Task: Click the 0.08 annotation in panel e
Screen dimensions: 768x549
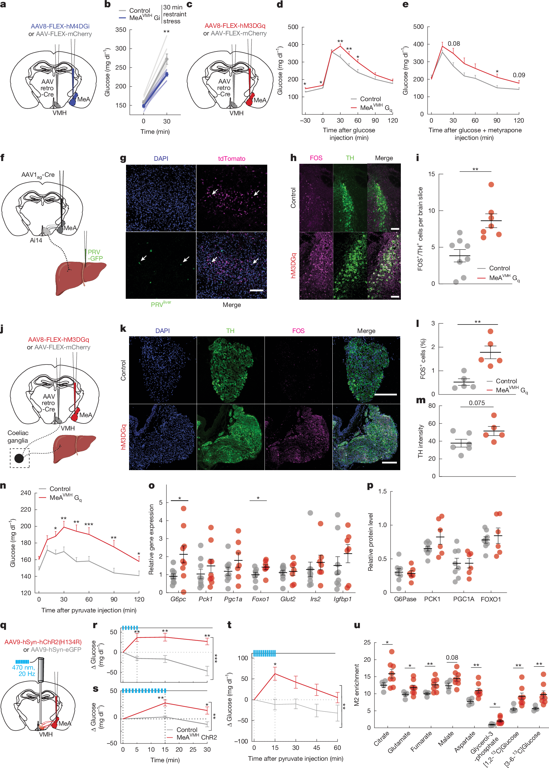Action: point(453,44)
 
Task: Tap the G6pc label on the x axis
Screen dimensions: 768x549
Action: point(178,599)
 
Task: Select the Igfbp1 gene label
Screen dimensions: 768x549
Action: point(342,599)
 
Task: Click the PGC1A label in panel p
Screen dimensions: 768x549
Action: point(464,599)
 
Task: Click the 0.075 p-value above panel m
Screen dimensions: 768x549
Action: point(477,403)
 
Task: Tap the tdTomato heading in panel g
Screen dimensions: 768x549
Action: point(231,158)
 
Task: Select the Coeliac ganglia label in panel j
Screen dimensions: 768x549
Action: point(18,436)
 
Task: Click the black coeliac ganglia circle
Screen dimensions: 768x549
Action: point(19,458)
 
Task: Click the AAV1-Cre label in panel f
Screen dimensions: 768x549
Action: point(38,175)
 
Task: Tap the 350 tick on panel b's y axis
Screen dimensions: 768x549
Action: point(121,30)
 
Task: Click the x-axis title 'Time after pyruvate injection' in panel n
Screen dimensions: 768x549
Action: point(89,610)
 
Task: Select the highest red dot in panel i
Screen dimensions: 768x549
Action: point(491,184)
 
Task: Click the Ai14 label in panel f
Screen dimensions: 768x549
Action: point(36,240)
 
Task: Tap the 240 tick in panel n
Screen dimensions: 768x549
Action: point(26,493)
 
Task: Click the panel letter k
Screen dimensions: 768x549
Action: point(123,329)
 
